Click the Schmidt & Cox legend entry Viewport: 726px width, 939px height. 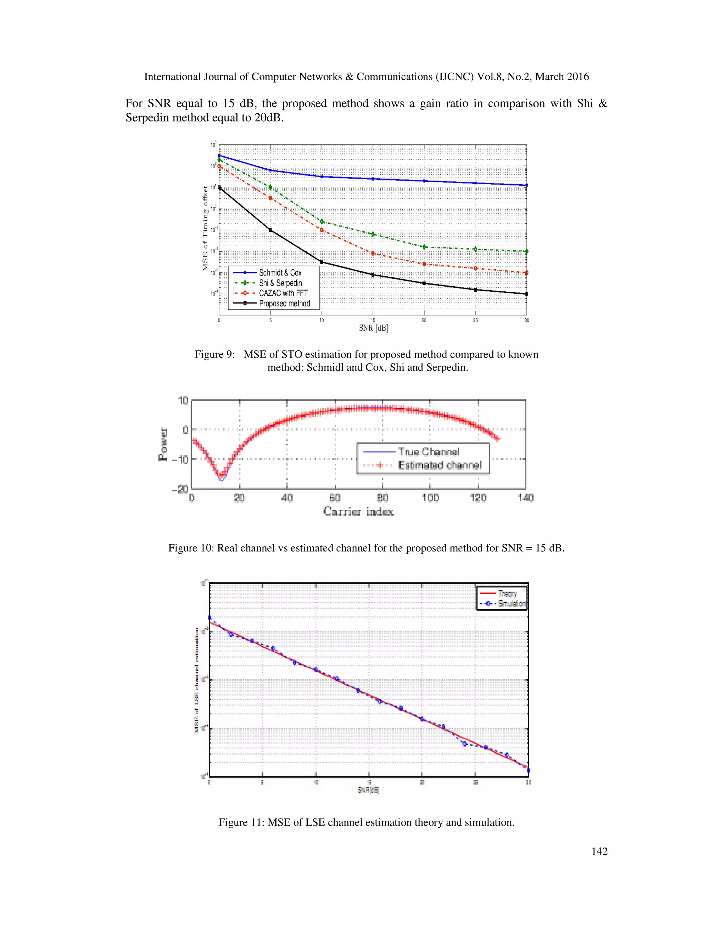point(280,272)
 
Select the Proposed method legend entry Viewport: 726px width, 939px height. point(284,304)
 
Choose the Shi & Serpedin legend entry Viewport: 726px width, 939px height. point(280,283)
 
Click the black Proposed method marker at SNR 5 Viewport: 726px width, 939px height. point(270,230)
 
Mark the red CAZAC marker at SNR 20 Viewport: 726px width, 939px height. point(424,264)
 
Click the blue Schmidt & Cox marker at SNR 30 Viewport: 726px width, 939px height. point(526,185)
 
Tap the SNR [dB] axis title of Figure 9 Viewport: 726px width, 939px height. point(373,328)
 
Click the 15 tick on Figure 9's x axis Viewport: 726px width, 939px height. point(373,320)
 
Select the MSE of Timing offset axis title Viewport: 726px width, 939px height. point(205,228)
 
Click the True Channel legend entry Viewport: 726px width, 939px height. point(428,451)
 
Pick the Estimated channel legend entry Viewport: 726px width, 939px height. point(440,465)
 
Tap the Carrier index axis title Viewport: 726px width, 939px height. point(358,511)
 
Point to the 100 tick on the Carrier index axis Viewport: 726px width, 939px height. point(430,498)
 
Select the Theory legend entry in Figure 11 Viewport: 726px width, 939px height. point(507,593)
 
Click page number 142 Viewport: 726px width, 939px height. point(599,851)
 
